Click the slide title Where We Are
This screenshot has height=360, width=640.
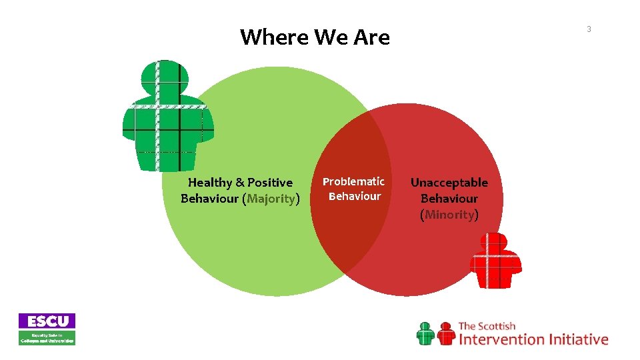coord(315,37)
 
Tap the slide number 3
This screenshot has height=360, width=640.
coord(589,29)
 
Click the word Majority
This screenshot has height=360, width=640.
coord(271,199)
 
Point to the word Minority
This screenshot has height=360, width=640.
coord(449,215)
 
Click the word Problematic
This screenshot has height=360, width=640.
coord(353,181)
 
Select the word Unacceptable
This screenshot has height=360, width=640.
coord(449,183)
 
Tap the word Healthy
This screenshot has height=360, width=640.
coord(210,183)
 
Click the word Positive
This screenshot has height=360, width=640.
coord(269,183)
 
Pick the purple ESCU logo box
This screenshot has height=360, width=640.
coord(47,321)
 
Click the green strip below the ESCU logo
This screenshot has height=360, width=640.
coord(47,337)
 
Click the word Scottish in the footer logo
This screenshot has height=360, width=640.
coord(497,326)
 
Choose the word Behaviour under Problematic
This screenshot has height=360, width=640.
coord(354,197)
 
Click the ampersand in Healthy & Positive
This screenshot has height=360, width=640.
coord(240,183)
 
